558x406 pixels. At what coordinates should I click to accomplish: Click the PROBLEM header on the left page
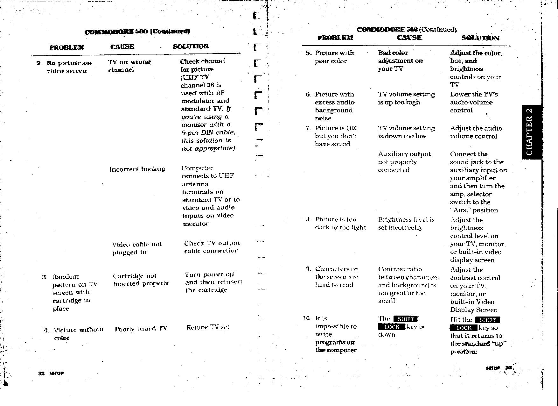click(66, 47)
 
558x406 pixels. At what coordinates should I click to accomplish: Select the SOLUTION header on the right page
click(480, 38)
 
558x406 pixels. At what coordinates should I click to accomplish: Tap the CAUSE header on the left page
click(122, 47)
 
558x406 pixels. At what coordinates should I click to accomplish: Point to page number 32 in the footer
click(41, 373)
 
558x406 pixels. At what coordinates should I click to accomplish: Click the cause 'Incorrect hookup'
click(137, 169)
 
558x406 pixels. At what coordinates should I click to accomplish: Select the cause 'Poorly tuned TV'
click(141, 329)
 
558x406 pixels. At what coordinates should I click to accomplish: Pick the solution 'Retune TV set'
click(207, 327)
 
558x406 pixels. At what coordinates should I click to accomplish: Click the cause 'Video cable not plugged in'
click(137, 248)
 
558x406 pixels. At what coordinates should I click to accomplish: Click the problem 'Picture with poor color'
click(334, 57)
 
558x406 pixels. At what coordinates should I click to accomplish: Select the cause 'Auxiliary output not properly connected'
click(404, 162)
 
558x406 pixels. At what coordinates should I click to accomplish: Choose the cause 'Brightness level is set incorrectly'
click(406, 224)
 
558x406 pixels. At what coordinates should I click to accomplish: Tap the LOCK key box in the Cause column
click(391, 327)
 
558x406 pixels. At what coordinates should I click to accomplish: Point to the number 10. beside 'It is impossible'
click(306, 318)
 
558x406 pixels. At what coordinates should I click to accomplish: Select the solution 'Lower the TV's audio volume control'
click(474, 102)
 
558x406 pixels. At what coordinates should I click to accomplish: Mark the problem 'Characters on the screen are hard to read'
click(337, 277)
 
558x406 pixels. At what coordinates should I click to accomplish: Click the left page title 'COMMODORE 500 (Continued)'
click(137, 32)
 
